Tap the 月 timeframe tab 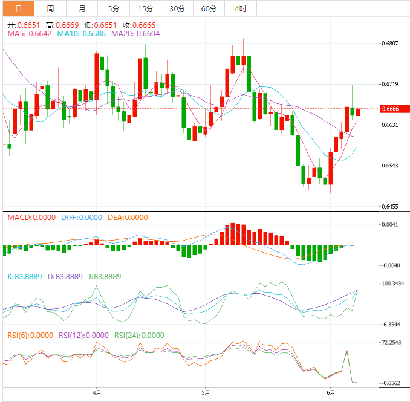tap(82, 8)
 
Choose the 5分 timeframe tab tap(114, 8)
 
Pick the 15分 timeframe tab tap(145, 8)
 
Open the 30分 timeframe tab tap(177, 8)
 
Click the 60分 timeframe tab tap(209, 8)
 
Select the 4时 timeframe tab tap(240, 8)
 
